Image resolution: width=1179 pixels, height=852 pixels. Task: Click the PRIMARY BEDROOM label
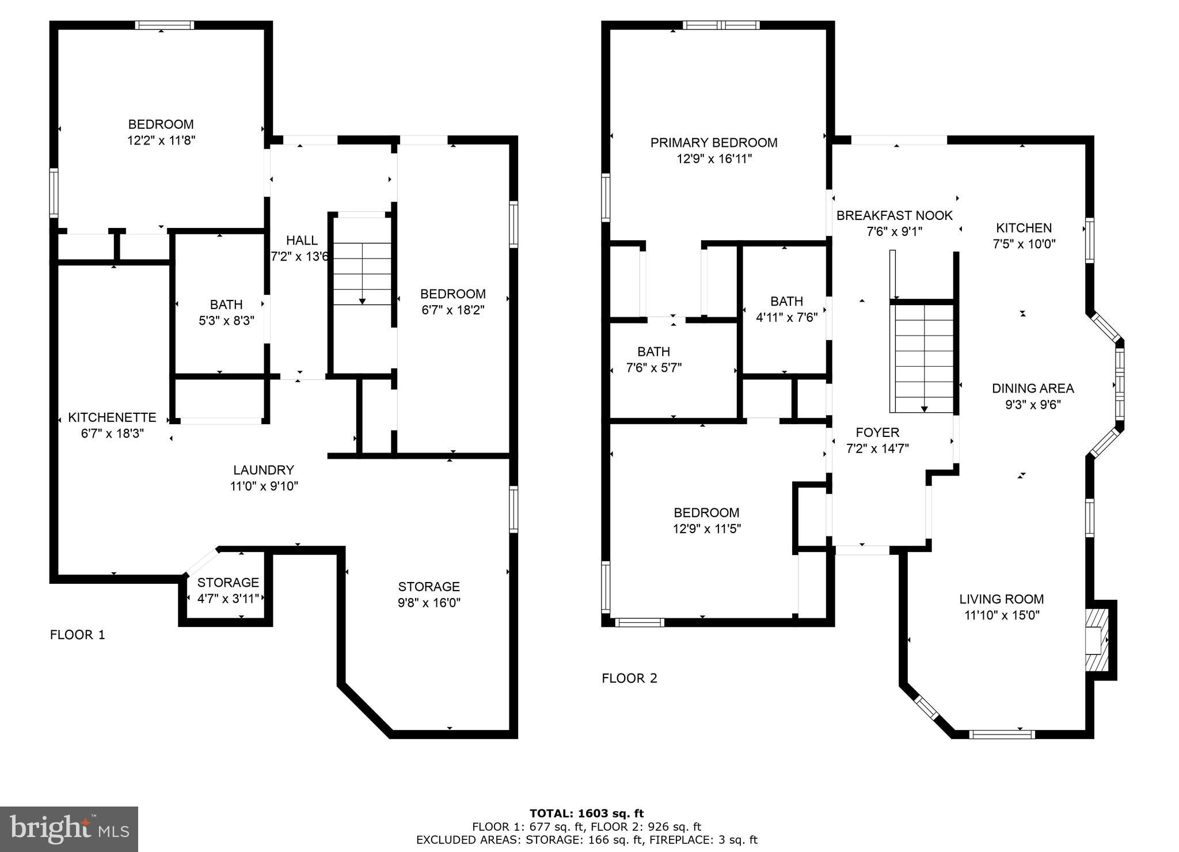coord(714,143)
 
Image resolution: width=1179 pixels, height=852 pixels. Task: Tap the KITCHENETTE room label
coord(112,417)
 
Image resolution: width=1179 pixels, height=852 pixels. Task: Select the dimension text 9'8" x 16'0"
coord(429,603)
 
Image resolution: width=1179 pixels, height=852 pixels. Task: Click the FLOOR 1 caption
coord(78,635)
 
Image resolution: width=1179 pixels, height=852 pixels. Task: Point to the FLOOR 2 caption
coord(629,678)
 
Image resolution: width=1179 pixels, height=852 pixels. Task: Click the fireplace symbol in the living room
coord(1097,640)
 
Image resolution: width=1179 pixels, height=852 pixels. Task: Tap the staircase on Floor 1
coord(362,274)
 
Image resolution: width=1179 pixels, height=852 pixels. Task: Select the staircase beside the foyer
coord(923,357)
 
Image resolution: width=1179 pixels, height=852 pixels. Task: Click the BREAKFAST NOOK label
coord(895,216)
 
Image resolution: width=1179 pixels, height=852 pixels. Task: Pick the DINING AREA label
coord(1033,389)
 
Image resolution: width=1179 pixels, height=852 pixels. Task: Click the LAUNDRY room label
coord(264,470)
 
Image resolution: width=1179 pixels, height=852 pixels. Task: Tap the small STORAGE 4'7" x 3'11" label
coord(228,583)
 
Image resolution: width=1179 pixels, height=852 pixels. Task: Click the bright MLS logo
coord(69,830)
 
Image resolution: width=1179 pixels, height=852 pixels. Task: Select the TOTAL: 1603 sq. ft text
coord(587,813)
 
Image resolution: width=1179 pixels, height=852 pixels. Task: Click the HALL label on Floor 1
coord(302,241)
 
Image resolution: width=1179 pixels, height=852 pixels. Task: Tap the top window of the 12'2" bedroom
coord(165,25)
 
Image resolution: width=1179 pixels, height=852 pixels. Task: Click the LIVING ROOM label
coord(1002,599)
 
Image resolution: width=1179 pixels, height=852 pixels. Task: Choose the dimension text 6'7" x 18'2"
coord(452,310)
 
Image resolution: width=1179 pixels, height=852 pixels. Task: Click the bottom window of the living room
coord(1002,734)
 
